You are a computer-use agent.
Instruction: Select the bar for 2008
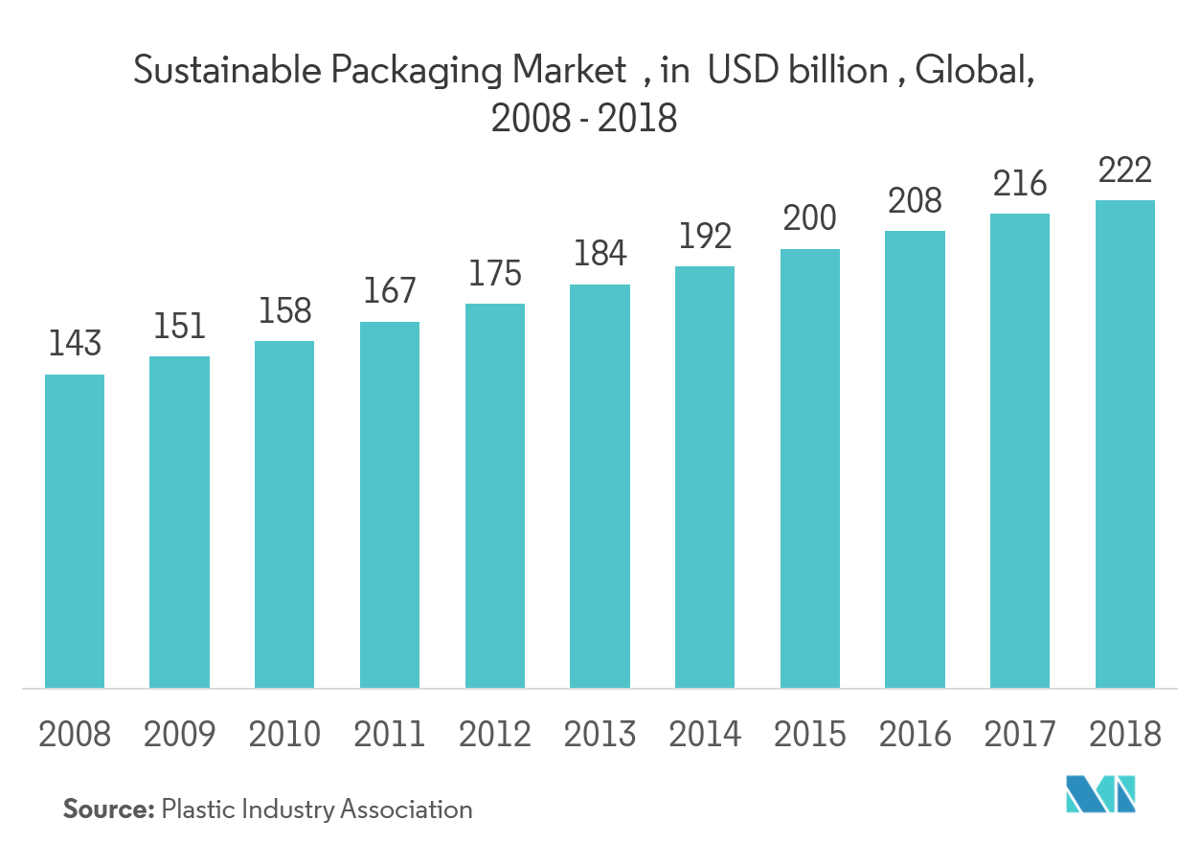click(x=75, y=531)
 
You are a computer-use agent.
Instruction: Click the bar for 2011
click(x=390, y=505)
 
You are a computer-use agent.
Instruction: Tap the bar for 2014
click(x=705, y=477)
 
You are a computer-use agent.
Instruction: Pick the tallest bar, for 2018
click(x=1125, y=444)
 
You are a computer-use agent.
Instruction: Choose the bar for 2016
click(x=915, y=459)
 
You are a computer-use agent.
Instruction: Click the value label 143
click(x=75, y=344)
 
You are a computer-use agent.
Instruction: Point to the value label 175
click(x=495, y=273)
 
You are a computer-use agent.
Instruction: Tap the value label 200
click(x=810, y=218)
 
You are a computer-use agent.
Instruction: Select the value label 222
click(x=1125, y=170)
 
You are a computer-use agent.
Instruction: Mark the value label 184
click(x=600, y=254)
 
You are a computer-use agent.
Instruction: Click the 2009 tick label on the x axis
click(x=180, y=735)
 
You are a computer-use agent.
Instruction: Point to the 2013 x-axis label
click(x=600, y=735)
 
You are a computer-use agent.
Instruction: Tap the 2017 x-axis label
click(x=1020, y=735)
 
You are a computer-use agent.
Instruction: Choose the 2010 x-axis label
click(x=285, y=735)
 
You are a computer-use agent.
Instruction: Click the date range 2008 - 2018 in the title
click(x=584, y=120)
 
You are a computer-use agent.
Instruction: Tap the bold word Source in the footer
click(x=108, y=809)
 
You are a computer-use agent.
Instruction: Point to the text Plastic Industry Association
click(x=317, y=809)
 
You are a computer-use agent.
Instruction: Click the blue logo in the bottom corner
click(x=1100, y=794)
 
